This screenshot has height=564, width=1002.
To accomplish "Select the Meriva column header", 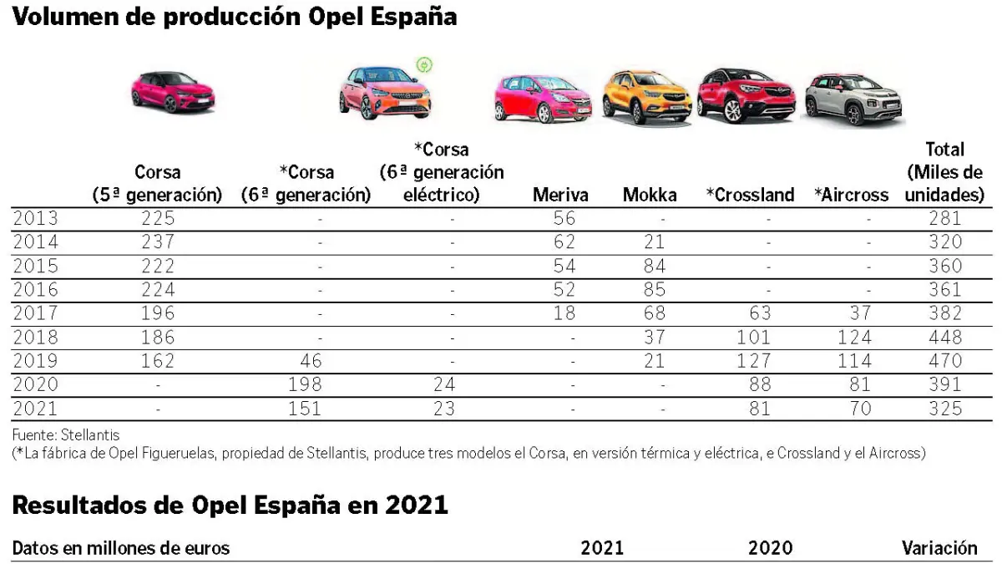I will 560,196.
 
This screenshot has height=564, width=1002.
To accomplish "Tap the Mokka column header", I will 650,196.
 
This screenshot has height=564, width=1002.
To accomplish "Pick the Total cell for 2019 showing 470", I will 945,362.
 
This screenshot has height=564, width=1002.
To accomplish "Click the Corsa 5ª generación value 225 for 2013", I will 158,219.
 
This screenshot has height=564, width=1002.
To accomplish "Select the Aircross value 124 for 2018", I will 853,338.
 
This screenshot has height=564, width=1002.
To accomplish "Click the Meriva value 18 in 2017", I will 564,314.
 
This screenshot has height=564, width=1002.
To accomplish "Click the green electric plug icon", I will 424,65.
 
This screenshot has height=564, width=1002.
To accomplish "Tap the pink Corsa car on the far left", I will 173,91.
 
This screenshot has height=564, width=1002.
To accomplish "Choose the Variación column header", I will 939,549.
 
